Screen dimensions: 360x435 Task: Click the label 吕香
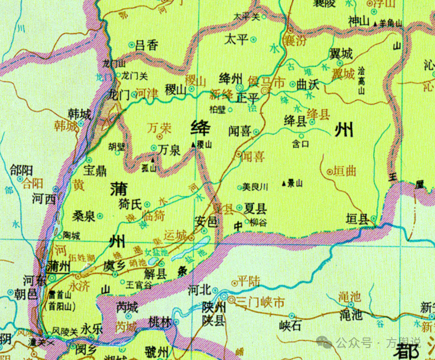147,45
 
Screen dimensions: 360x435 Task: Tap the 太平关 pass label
247,17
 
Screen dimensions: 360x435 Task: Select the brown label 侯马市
267,81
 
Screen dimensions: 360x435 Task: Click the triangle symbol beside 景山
283,183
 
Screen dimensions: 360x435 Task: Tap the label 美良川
255,187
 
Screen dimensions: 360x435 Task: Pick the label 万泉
169,150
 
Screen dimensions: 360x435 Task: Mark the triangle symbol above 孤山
151,159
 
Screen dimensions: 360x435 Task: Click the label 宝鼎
95,171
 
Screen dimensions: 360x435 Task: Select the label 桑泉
83,216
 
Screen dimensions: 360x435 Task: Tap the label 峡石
290,325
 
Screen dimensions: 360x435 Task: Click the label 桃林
160,322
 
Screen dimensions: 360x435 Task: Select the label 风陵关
65,331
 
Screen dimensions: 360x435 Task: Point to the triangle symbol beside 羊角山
375,23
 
